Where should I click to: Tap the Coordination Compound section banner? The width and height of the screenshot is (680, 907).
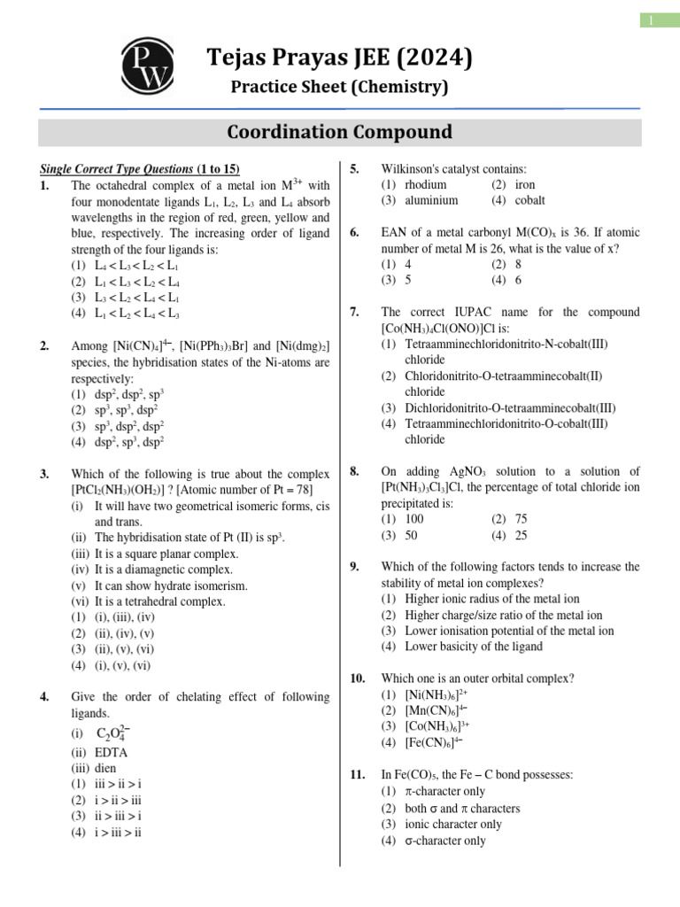339,132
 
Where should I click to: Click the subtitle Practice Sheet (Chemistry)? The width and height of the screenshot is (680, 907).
339,87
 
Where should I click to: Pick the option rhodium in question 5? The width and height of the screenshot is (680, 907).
425,184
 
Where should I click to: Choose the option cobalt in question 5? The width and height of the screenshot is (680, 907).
529,200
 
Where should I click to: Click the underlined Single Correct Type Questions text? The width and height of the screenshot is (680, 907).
116,169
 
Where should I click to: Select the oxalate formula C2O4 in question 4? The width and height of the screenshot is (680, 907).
114,733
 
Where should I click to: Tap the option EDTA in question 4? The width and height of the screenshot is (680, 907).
110,752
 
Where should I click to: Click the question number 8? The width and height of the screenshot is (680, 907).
355,471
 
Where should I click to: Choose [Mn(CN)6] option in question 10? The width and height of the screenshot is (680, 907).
436,710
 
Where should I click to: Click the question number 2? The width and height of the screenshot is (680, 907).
44,346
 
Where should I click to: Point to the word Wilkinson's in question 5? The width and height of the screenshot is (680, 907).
411,168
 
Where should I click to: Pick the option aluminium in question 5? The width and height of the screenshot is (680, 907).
430,200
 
